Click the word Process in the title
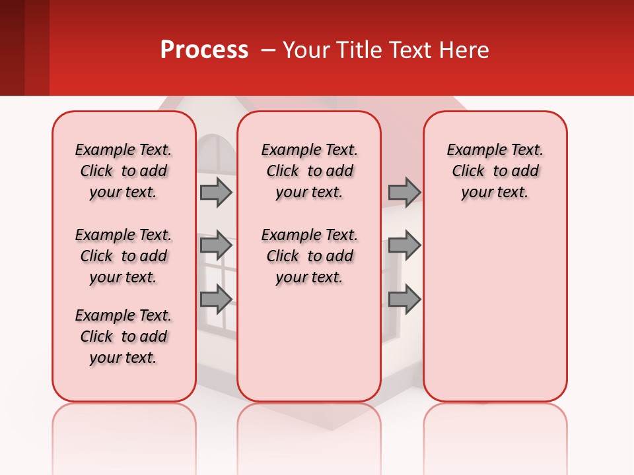tap(204, 50)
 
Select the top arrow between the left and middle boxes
tap(216, 192)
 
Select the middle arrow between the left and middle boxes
tap(216, 245)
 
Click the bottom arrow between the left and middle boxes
tap(216, 299)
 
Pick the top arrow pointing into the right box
tap(404, 192)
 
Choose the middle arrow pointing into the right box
tap(404, 245)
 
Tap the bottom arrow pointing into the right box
tap(404, 299)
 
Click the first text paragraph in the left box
tap(123, 171)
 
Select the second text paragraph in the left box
tap(123, 256)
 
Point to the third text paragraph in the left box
tap(123, 336)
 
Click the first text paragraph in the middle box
tap(309, 171)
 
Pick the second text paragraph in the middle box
tap(309, 256)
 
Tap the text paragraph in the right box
tap(495, 171)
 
